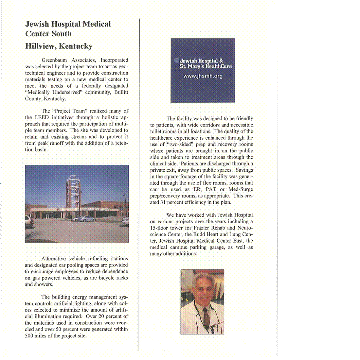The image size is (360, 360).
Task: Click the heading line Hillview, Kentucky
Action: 59,46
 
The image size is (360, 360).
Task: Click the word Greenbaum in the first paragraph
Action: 54,60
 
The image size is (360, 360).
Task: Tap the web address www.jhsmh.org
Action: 203,76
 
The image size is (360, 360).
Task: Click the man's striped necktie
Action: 207,317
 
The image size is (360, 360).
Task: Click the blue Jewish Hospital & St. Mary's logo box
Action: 203,70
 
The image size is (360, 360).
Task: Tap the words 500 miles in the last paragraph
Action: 39,336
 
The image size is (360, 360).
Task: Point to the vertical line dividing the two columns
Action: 139,183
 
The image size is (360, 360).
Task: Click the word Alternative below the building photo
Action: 53,259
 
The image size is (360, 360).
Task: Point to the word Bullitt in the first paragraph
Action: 121,92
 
